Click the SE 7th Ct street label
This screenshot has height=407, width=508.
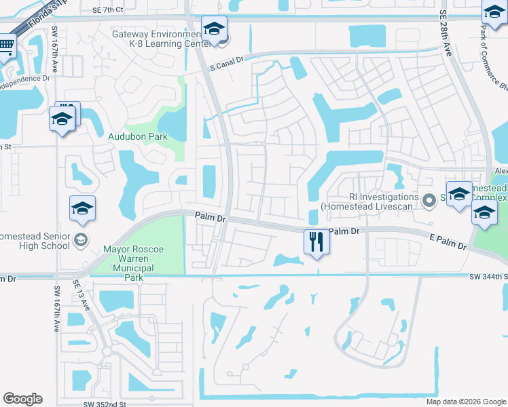(108, 10)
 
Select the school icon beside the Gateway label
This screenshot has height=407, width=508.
(214, 29)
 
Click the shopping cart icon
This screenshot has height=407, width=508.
(5, 46)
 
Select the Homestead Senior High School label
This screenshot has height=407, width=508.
(34, 241)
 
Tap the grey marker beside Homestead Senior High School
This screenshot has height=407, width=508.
(81, 239)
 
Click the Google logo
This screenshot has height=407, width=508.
(22, 399)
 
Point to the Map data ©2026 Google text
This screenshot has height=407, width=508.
(465, 402)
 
